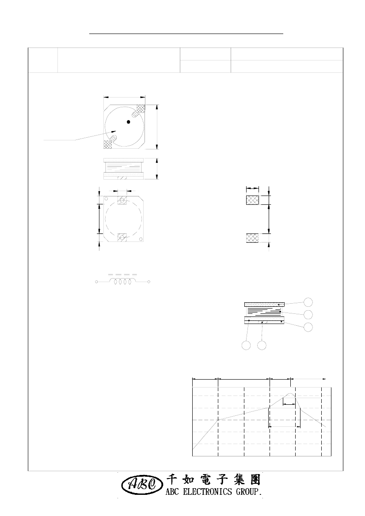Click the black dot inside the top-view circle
pyautogui.click(x=129, y=122)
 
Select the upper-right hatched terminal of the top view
pyautogui.click(x=141, y=109)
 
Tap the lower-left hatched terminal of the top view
pyautogui.click(x=108, y=144)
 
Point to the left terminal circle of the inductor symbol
pyautogui.click(x=96, y=282)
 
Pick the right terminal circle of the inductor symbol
pyautogui.click(x=149, y=282)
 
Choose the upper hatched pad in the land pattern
pyautogui.click(x=253, y=200)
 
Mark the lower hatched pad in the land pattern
pyautogui.click(x=253, y=238)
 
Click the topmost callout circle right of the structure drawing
pyautogui.click(x=308, y=302)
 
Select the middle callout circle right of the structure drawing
pyautogui.click(x=308, y=314)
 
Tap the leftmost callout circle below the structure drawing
pyautogui.click(x=246, y=345)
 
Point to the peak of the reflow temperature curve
pyautogui.click(x=290, y=394)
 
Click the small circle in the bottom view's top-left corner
pyautogui.click(x=106, y=199)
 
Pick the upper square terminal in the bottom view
pyautogui.click(x=122, y=200)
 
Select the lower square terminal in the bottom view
pyautogui.click(x=122, y=237)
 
